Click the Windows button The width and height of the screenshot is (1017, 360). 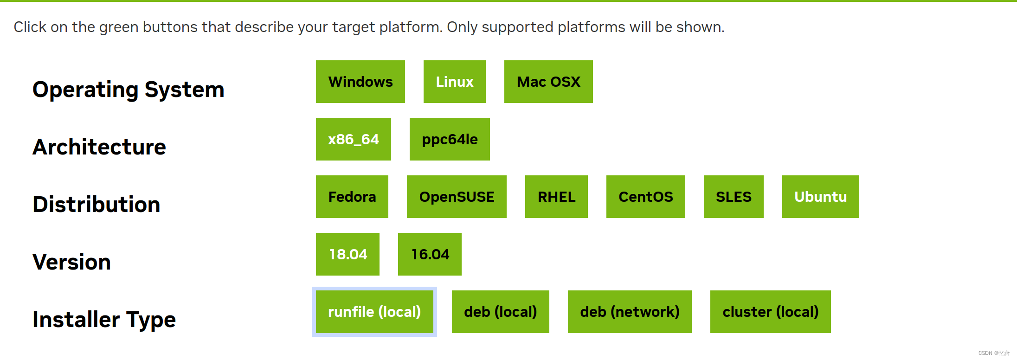[360, 82]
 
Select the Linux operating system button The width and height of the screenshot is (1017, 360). [455, 82]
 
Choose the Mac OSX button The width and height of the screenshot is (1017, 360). [548, 82]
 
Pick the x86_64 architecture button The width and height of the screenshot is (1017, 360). [354, 139]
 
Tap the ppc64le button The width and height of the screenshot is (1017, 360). [450, 139]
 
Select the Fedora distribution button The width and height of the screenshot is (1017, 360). [352, 197]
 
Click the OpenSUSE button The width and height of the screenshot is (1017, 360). [457, 197]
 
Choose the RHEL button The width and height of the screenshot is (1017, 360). [556, 197]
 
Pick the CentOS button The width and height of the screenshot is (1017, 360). [646, 197]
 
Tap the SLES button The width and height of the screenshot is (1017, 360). [734, 197]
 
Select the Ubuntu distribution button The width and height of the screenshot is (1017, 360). [821, 197]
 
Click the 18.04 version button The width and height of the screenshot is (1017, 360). [348, 254]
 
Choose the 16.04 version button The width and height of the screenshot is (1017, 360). [430, 254]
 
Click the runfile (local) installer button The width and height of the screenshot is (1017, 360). [374, 312]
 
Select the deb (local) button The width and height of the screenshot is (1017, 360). [501, 312]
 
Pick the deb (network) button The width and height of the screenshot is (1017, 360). [630, 312]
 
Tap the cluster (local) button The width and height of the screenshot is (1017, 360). [771, 312]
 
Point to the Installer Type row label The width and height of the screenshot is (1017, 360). [104, 320]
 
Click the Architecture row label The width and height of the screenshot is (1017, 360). [99, 147]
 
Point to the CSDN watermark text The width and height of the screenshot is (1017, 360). [994, 353]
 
